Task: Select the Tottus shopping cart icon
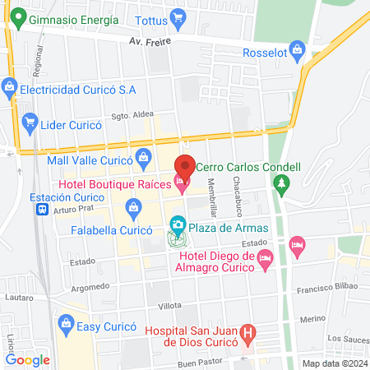[x=177, y=17]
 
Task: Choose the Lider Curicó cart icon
[x=30, y=123]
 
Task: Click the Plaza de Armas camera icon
[x=177, y=224]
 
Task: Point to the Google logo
[x=27, y=359]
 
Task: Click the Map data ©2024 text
[x=333, y=363]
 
